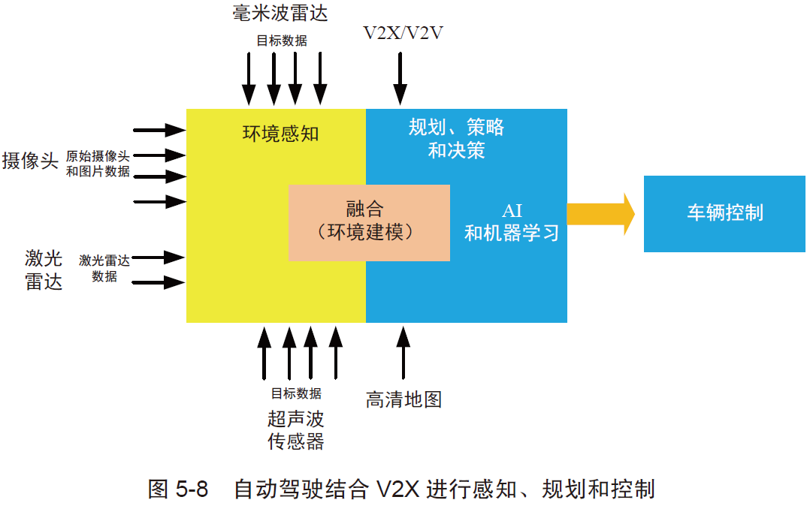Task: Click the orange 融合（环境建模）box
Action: pos(369,222)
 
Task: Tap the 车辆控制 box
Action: pos(724,214)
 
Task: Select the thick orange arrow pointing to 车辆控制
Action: pos(601,214)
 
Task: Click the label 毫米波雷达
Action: pos(280,13)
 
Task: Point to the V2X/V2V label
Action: pos(403,33)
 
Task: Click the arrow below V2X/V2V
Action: pos(400,79)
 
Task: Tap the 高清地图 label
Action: pos(403,399)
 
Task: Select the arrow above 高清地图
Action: pos(403,353)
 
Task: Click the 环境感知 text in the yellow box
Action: pos(280,134)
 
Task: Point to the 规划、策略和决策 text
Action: pos(456,138)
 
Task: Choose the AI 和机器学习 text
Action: pos(512,222)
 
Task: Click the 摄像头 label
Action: pos(30,161)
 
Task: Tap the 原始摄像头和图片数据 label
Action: pos(98,163)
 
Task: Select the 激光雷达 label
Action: pos(44,270)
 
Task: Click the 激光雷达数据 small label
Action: pos(104,268)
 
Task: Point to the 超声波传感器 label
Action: pos(295,430)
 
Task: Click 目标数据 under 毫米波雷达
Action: pos(282,41)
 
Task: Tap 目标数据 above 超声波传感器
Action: pos(296,393)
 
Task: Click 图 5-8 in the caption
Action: pos(177,489)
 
